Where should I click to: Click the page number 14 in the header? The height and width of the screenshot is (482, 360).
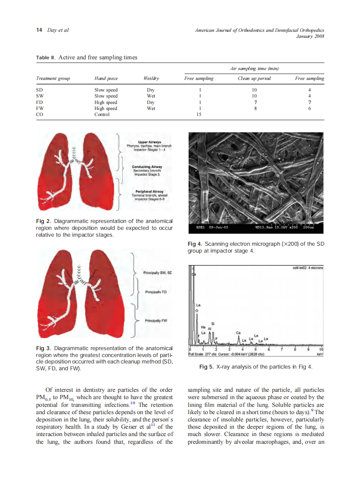(x=39, y=30)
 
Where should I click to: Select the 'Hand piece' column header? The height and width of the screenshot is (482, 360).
(x=106, y=79)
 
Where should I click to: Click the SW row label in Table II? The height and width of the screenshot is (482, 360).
(x=39, y=96)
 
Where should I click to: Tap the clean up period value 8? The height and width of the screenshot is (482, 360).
(x=255, y=108)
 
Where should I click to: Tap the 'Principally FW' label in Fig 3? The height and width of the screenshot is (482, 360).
(x=156, y=320)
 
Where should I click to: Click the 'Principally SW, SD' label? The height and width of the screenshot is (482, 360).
(x=158, y=272)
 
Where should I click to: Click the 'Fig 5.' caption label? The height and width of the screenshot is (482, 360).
(x=206, y=367)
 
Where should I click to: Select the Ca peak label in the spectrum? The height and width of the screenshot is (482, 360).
(x=238, y=333)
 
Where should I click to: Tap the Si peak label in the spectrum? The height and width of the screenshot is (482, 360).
(x=212, y=323)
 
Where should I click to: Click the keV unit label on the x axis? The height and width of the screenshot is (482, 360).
(x=319, y=354)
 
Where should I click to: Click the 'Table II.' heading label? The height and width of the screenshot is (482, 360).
(x=46, y=58)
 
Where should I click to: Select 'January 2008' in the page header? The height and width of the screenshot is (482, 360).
(x=310, y=36)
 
